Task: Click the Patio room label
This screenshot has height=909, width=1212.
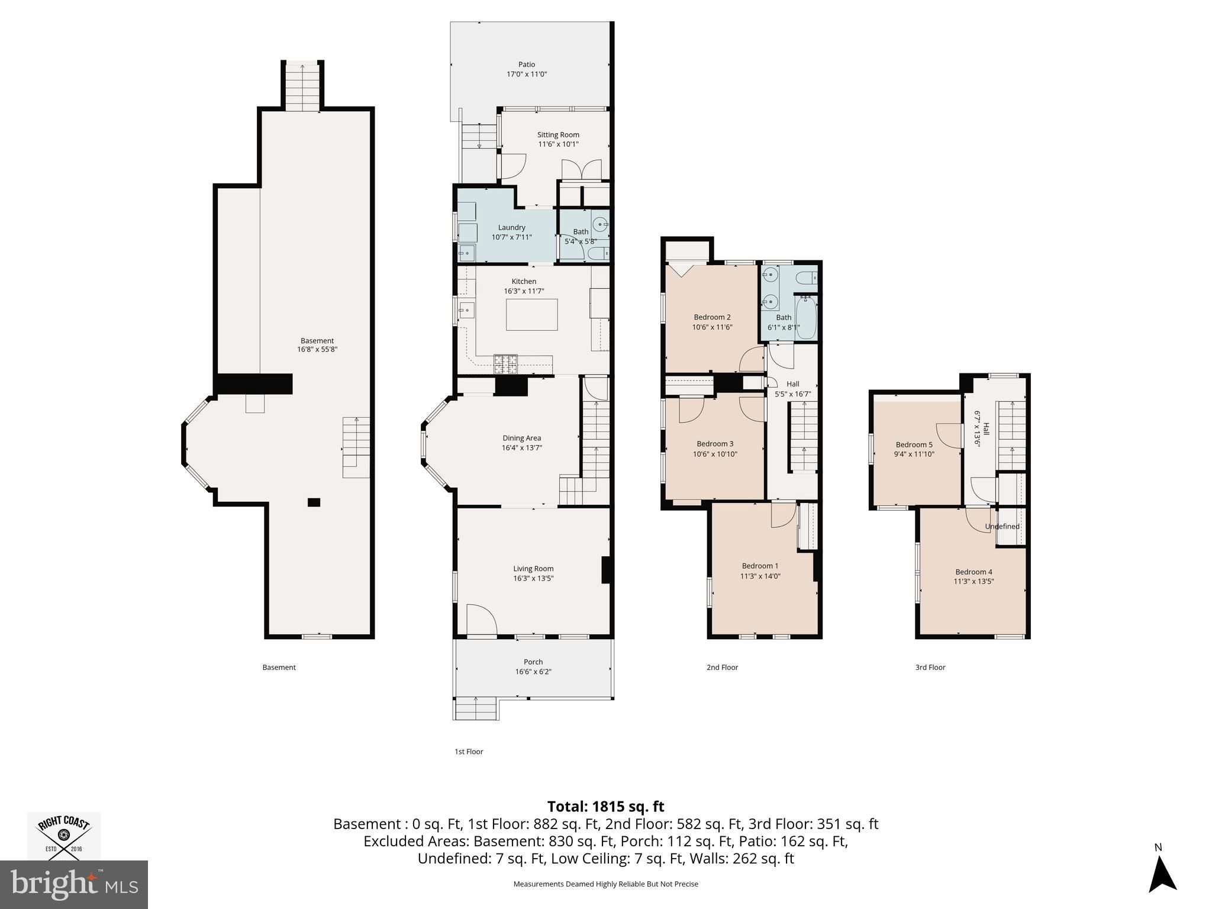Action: [x=527, y=65]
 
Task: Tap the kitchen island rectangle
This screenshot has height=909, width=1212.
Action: [x=531, y=314]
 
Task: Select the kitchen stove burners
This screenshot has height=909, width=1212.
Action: [x=505, y=364]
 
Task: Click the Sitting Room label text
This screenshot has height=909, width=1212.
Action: [x=558, y=135]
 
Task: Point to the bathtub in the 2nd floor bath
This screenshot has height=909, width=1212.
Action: [x=805, y=318]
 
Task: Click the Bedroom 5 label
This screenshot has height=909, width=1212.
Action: [x=914, y=445]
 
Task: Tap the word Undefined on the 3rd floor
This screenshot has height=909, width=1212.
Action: [x=1003, y=527]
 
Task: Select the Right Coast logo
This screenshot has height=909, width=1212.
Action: [x=65, y=836]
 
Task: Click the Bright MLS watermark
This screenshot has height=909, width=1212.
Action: [x=74, y=885]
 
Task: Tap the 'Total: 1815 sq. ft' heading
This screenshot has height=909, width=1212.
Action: [x=605, y=807]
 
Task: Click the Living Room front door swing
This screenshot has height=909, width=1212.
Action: [x=481, y=620]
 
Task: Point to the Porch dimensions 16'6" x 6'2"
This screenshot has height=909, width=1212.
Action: [x=533, y=672]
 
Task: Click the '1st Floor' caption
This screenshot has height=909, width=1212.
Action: [x=469, y=752]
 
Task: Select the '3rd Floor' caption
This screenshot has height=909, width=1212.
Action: [x=930, y=668]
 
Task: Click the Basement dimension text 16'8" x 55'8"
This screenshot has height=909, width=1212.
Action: [x=317, y=350]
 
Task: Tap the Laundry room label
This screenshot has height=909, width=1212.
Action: [x=512, y=228]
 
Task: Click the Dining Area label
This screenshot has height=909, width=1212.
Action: [x=521, y=439]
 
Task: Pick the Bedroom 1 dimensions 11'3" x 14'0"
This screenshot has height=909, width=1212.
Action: [x=760, y=576]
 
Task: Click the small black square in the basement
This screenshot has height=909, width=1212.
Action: [x=314, y=502]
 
